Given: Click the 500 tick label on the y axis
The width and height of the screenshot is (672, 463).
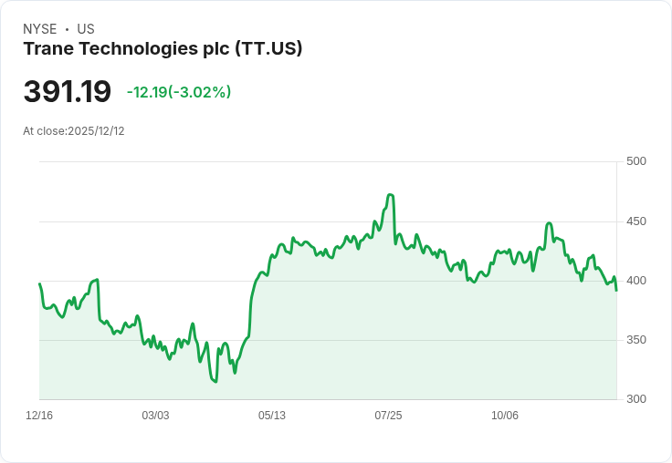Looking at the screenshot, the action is click(636, 161).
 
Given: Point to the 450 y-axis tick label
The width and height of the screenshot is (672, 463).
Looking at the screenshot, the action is click(636, 221).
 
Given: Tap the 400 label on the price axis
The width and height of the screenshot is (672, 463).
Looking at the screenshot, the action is click(636, 281).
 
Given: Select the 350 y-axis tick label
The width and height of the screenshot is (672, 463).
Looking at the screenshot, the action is click(636, 340).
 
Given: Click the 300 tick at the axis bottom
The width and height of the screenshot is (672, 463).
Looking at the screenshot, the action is click(636, 399).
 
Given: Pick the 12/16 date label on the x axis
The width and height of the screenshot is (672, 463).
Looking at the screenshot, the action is click(39, 416).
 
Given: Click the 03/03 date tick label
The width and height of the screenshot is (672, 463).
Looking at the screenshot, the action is click(155, 416).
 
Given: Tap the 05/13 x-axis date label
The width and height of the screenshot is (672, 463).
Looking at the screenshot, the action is click(272, 416).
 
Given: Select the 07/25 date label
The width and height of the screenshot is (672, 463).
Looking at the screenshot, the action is click(388, 416).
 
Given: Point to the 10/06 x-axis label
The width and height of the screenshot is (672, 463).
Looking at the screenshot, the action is click(504, 416).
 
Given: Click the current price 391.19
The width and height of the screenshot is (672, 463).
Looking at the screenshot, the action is click(68, 91).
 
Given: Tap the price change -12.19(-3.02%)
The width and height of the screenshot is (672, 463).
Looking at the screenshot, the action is click(179, 92).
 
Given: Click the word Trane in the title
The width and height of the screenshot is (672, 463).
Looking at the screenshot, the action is click(49, 49).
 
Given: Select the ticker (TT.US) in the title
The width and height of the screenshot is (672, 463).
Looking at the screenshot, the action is click(268, 49).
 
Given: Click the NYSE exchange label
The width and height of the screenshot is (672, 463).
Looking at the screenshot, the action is click(40, 29).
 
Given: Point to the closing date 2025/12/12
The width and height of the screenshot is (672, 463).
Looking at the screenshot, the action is click(96, 131).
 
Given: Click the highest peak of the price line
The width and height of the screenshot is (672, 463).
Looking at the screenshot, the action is click(390, 195).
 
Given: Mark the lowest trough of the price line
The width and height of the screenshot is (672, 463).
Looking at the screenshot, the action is click(215, 382).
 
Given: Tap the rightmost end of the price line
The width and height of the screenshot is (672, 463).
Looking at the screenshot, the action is click(616, 291).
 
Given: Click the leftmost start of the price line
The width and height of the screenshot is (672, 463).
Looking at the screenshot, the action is click(40, 283).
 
